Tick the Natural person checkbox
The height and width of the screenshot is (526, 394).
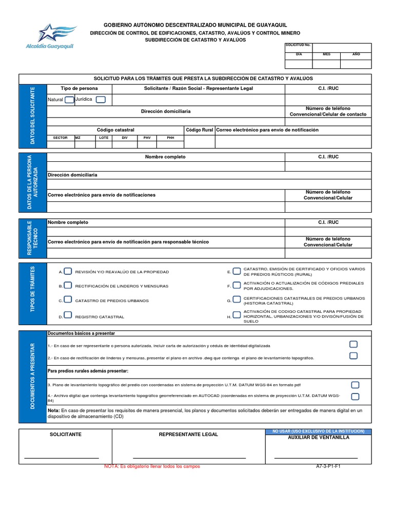click(x=69, y=100)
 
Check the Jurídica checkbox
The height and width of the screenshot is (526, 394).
click(x=101, y=99)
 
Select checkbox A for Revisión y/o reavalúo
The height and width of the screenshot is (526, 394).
click(x=68, y=271)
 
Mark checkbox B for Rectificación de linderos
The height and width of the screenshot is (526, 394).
click(x=68, y=286)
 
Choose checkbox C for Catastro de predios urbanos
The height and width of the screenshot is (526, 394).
click(x=68, y=300)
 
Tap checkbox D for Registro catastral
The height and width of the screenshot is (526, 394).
click(x=68, y=315)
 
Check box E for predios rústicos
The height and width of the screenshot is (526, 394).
click(x=237, y=271)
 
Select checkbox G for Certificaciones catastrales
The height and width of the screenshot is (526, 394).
click(x=237, y=300)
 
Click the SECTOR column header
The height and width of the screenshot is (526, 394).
click(x=61, y=138)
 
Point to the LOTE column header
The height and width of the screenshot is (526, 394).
click(x=104, y=138)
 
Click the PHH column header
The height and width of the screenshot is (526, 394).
click(x=171, y=138)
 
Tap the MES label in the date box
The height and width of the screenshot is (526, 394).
click(x=326, y=54)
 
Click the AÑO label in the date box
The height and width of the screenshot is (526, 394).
click(x=356, y=54)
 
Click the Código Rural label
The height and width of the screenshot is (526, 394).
click(x=200, y=130)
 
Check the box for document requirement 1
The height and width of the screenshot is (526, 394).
click(x=353, y=344)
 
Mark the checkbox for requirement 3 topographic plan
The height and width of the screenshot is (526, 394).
click(x=355, y=385)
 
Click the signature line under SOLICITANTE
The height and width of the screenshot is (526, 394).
click(x=62, y=457)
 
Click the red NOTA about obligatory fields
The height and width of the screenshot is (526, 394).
click(x=152, y=466)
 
